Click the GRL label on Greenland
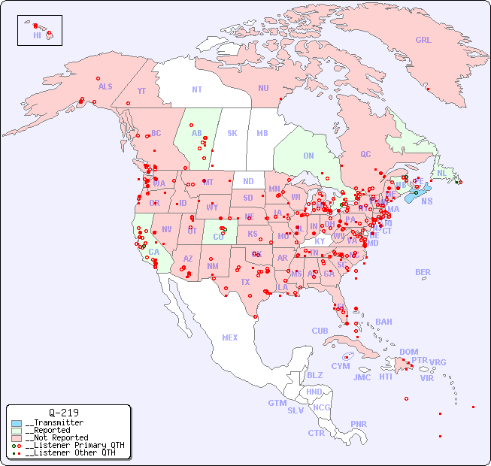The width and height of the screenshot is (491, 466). click(x=423, y=40)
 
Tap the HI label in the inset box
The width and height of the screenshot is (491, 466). click(x=37, y=35)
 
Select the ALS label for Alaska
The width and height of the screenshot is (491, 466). click(x=105, y=86)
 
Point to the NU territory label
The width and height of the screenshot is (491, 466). click(x=263, y=88)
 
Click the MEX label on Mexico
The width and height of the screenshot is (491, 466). click(x=230, y=337)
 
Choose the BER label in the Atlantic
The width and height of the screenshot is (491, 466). click(x=423, y=272)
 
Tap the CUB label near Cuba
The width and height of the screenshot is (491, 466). click(x=320, y=331)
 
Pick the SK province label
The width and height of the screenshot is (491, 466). click(x=232, y=133)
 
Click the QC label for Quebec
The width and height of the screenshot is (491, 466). click(x=365, y=154)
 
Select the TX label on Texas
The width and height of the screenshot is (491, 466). click(x=245, y=282)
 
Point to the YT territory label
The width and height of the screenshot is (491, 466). click(x=141, y=91)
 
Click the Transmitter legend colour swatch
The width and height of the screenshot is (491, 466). click(x=17, y=423)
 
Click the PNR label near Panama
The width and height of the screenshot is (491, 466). click(x=359, y=424)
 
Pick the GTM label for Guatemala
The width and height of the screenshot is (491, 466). click(x=277, y=403)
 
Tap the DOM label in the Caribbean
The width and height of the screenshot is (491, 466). click(x=408, y=352)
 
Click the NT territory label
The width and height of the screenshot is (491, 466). click(x=196, y=89)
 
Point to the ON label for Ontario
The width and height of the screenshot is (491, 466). click(x=308, y=156)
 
